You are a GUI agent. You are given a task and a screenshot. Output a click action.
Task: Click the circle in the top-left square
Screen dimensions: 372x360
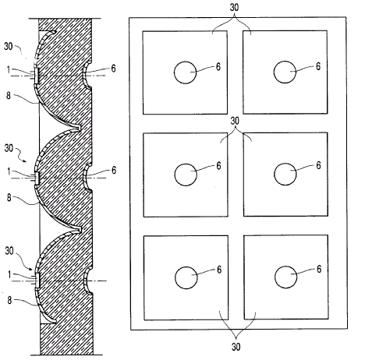[x=174, y=72]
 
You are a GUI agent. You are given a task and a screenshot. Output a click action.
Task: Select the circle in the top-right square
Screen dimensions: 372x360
[x=274, y=72]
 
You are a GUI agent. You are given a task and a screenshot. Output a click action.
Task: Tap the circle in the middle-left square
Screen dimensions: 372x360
[x=175, y=175]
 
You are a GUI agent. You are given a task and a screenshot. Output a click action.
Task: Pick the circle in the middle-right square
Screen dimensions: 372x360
[x=275, y=174]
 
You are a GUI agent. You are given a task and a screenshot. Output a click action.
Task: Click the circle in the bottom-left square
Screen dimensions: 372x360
[x=175, y=277]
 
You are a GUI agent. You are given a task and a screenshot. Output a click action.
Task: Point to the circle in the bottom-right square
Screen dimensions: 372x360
[x=275, y=277]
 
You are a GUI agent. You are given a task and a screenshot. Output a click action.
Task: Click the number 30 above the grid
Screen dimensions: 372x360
[x=234, y=7]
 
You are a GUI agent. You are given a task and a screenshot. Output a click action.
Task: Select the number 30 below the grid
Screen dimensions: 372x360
[x=236, y=347]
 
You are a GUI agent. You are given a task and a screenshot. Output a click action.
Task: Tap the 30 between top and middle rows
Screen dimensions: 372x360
[x=235, y=121]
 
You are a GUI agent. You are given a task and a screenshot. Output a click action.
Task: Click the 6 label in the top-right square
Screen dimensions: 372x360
[x=318, y=66]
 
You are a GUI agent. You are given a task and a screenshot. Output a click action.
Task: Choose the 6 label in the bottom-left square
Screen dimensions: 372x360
[x=219, y=270]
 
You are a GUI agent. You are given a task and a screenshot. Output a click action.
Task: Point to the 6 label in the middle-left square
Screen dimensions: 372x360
[x=218, y=166]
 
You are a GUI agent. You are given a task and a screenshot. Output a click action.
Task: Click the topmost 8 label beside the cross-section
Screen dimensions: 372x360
[x=9, y=96]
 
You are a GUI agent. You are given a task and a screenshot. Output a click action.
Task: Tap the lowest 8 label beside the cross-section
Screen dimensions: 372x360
[x=9, y=301]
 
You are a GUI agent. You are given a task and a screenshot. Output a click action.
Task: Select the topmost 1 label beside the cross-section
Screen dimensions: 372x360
[x=9, y=69]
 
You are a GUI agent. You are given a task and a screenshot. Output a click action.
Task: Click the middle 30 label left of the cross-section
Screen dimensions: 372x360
[x=9, y=148]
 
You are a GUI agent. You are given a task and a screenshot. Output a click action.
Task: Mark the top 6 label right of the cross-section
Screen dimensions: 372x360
[x=113, y=69]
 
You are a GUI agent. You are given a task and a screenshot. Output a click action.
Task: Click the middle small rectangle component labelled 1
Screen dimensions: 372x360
[x=37, y=178]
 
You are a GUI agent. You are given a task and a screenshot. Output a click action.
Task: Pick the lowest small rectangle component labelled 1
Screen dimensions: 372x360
[x=37, y=280]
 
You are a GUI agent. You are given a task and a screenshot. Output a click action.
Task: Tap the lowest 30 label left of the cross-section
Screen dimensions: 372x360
[x=9, y=251]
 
